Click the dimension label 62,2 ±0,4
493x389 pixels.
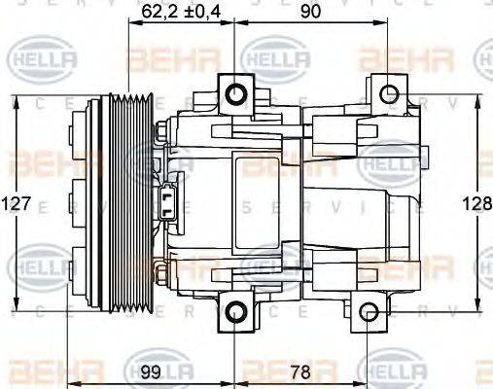(x=181, y=13)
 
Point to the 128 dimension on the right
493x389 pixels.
(x=476, y=204)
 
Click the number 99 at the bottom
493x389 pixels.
(x=150, y=371)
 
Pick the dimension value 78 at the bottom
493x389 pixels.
(x=301, y=371)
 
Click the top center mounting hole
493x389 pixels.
(x=236, y=94)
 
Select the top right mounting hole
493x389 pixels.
(x=389, y=94)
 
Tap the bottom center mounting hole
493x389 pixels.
(x=236, y=312)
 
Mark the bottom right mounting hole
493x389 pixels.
(x=367, y=312)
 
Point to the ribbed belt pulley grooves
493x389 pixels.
(x=129, y=204)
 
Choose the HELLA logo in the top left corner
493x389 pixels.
(x=36, y=61)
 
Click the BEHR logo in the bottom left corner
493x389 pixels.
(x=39, y=373)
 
